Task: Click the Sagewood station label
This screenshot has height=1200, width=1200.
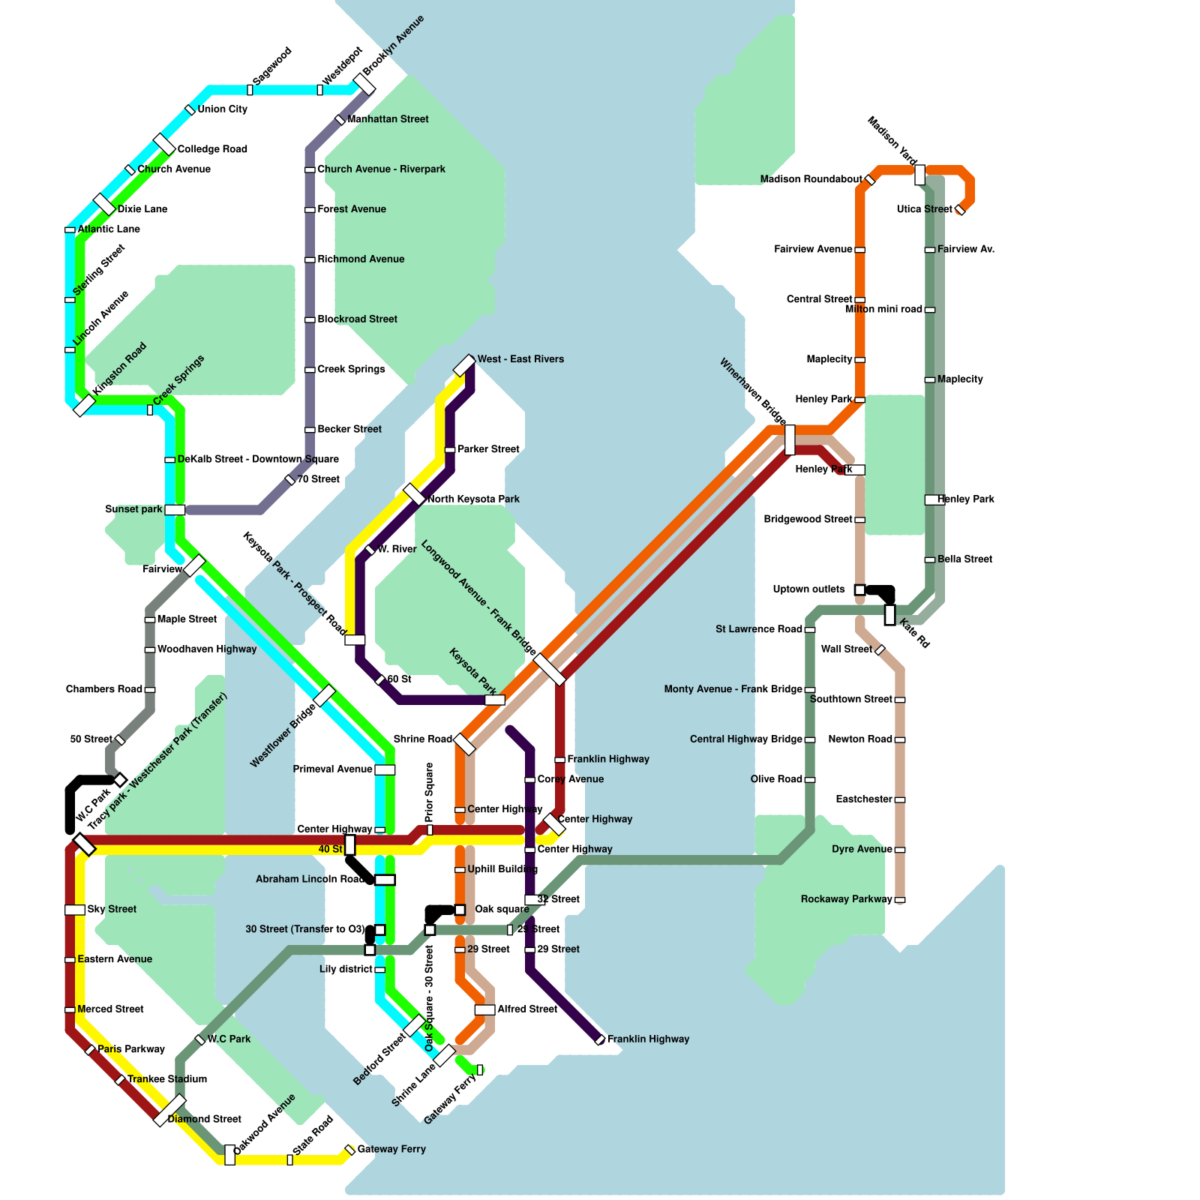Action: [x=271, y=66]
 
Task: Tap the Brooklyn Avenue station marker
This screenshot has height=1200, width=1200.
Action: [x=364, y=84]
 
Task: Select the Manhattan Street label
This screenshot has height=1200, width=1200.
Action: [x=388, y=119]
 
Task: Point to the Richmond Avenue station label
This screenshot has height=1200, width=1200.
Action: [x=361, y=259]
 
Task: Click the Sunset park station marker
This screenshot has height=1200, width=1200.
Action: [x=175, y=510]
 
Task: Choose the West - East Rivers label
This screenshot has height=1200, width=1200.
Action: [x=520, y=359]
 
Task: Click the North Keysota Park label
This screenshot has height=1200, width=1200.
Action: [x=473, y=499]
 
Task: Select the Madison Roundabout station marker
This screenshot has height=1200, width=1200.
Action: [x=870, y=180]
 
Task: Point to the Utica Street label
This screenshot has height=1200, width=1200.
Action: [x=924, y=209]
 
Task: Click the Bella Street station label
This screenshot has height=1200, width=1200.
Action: [x=964, y=559]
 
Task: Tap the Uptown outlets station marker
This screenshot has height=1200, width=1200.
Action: [x=859, y=590]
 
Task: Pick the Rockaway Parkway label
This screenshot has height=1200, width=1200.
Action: [x=846, y=899]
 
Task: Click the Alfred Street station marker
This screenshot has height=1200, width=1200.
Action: [x=484, y=1009]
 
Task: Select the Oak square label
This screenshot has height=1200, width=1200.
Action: [x=502, y=910]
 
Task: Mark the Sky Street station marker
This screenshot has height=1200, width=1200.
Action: [x=75, y=910]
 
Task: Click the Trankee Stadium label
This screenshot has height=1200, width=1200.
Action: [x=167, y=1079]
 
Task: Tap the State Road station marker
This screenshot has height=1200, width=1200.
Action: [x=290, y=1160]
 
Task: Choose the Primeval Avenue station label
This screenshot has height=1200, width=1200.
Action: [x=332, y=769]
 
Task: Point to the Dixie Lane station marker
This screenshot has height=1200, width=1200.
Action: [x=104, y=204]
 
